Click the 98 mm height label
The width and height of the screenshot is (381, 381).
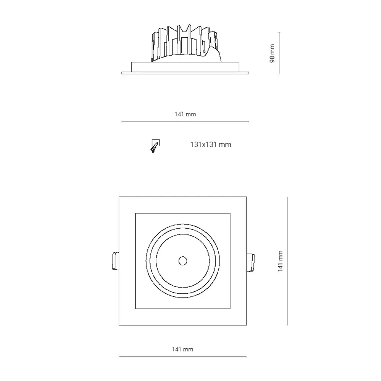(272, 53)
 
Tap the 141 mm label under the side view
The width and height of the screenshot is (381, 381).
(185, 114)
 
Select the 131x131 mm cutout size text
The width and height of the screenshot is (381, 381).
(211, 144)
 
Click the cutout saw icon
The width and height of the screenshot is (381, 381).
(155, 146)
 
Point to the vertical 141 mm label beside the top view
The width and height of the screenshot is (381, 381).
(280, 261)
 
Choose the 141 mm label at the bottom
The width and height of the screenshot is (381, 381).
(182, 349)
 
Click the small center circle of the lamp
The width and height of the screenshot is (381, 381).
(183, 261)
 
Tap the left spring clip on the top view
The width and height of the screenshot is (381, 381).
(115, 261)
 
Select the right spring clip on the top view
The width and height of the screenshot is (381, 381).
(251, 263)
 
